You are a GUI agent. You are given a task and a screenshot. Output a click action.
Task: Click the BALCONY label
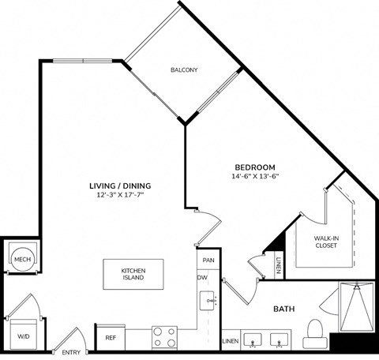click(184, 70)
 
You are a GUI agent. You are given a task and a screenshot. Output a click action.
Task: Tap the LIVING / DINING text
click(120, 186)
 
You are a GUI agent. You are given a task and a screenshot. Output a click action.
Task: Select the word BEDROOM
click(254, 167)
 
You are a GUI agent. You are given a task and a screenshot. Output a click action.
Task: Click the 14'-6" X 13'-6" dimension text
click(254, 178)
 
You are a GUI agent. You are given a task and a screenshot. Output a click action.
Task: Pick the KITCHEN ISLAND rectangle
click(132, 275)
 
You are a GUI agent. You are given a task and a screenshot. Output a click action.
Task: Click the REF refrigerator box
click(111, 337)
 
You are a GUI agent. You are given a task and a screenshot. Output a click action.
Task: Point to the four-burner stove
click(163, 337)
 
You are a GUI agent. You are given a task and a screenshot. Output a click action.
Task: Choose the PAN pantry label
click(208, 260)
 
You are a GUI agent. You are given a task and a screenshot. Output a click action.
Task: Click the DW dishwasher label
click(202, 277)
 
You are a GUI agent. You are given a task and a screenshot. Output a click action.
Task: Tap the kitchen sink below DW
click(208, 300)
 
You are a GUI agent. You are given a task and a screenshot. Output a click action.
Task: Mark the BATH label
click(284, 309)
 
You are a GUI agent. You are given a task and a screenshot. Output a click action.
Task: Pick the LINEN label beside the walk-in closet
click(279, 267)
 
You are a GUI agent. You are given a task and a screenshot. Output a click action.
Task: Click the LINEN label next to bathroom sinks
click(230, 341)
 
